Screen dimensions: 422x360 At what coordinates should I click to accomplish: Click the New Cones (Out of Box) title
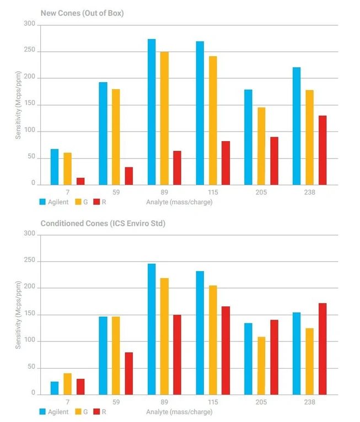(x=82, y=13)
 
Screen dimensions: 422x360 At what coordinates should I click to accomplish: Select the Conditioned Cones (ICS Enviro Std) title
(x=103, y=223)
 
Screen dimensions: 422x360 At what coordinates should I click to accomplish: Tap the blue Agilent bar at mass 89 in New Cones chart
(x=152, y=112)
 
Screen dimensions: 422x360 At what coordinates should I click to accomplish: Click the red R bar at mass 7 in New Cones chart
(x=80, y=181)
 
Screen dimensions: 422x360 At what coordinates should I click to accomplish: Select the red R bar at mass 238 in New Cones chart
(x=323, y=150)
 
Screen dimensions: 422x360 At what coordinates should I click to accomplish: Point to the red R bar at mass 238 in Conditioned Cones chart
(x=323, y=349)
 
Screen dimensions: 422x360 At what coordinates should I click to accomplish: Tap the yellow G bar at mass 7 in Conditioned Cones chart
(x=67, y=384)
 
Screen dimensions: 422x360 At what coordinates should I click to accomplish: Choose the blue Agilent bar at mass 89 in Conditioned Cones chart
(x=152, y=329)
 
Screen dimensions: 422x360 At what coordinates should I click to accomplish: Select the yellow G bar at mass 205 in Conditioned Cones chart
(x=261, y=365)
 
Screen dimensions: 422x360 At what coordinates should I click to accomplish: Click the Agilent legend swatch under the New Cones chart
(x=43, y=202)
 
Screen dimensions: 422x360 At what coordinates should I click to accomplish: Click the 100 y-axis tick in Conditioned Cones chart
(x=29, y=341)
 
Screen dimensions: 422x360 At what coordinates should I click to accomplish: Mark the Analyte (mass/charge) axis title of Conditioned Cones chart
(x=179, y=412)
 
